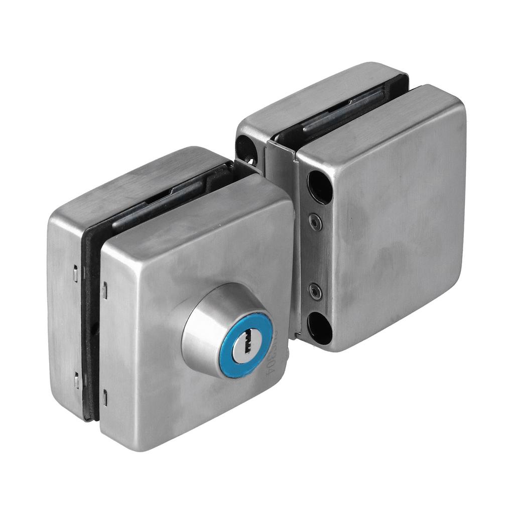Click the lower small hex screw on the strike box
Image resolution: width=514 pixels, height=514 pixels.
(x=315, y=291)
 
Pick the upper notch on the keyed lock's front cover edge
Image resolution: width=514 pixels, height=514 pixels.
(x=104, y=289)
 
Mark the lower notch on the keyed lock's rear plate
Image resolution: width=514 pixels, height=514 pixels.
(x=76, y=380)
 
